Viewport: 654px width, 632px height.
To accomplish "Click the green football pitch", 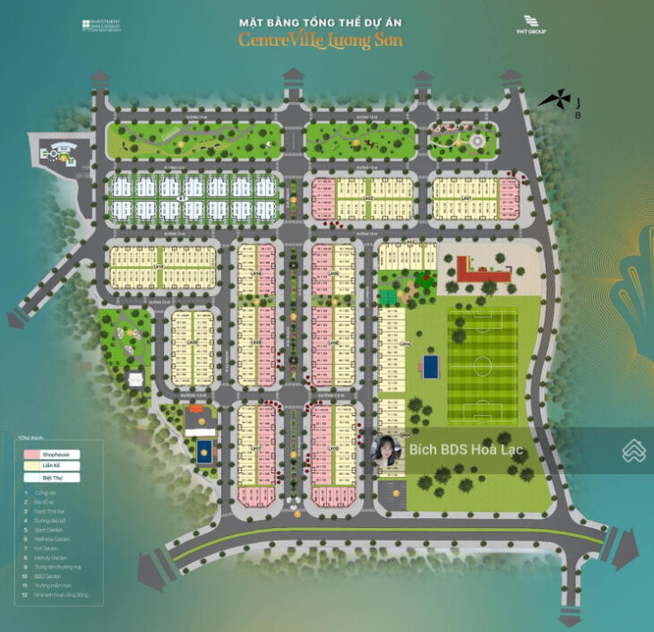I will point(482,366).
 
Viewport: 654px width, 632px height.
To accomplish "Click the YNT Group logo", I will point(538,25).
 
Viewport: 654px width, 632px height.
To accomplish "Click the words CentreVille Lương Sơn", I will point(320,39).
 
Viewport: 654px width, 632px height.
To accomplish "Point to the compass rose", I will point(553,100).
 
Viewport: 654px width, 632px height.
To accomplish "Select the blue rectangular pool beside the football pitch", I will point(432,366).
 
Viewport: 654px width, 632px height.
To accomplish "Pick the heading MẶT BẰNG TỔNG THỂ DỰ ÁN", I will point(320,21).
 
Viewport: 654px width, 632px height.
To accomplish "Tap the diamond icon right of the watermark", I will point(633,450).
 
